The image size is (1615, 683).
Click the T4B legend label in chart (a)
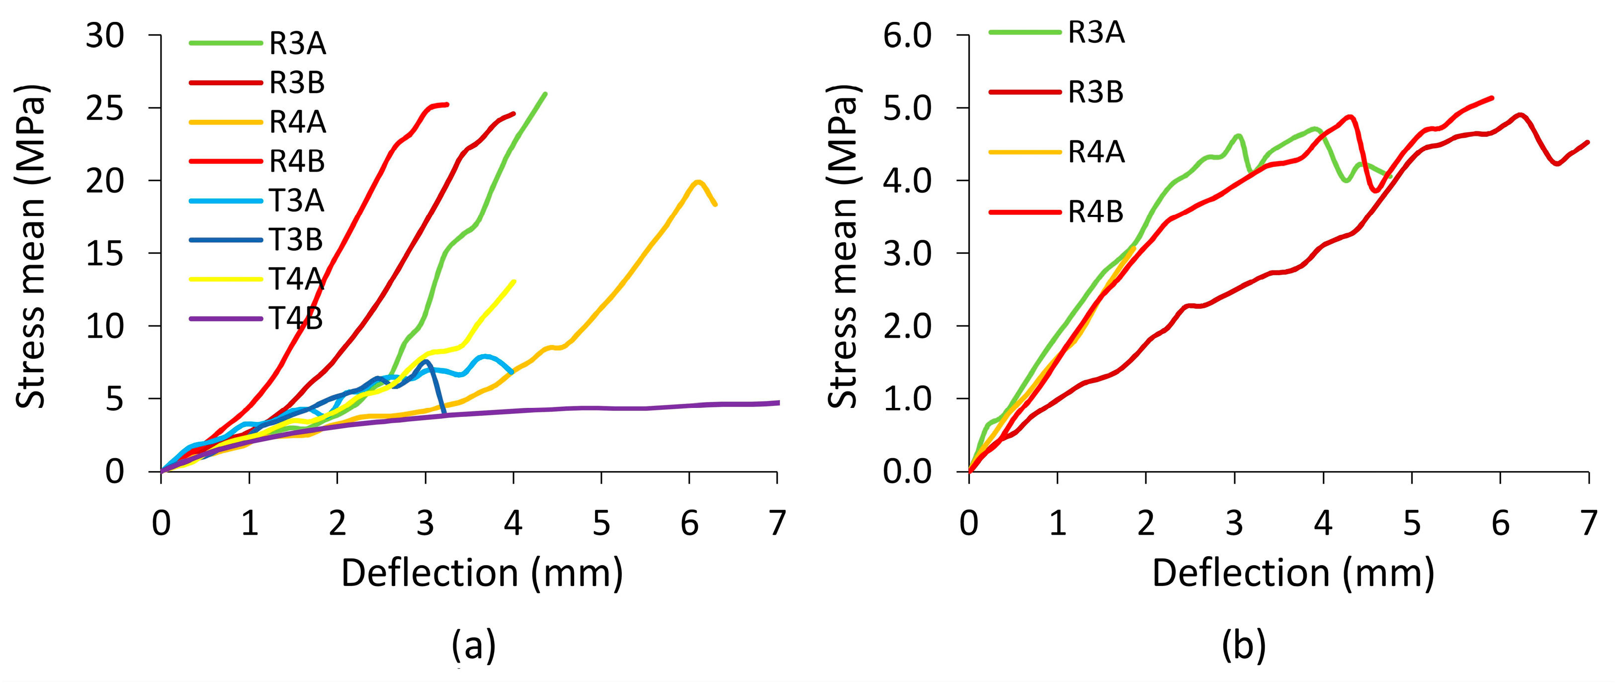(296, 318)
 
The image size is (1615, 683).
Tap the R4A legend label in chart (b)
(1097, 152)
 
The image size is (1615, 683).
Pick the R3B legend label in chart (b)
(1096, 92)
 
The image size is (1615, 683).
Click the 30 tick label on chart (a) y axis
(105, 36)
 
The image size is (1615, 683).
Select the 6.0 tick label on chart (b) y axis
(907, 36)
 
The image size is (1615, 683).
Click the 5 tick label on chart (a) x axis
(601, 522)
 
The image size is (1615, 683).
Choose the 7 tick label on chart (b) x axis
(1588, 522)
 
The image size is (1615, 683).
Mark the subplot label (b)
(1244, 644)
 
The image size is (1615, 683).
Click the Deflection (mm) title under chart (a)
(482, 573)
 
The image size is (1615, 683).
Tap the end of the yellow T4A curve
(514, 281)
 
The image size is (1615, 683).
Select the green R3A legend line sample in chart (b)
(1025, 31)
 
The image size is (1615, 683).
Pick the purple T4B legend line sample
(226, 318)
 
